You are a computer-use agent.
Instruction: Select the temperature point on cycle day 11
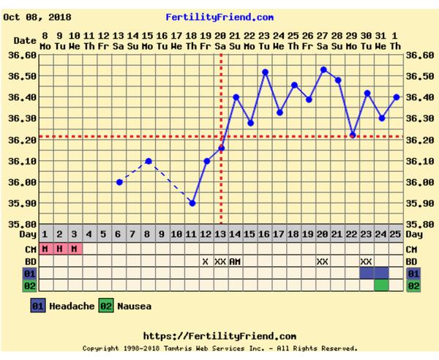(x=192, y=203)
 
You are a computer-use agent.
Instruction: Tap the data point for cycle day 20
(x=323, y=70)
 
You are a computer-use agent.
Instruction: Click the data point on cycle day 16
(x=265, y=72)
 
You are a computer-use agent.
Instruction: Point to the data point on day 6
(x=119, y=181)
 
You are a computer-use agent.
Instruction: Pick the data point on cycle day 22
(x=353, y=135)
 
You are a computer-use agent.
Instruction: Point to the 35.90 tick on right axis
(x=421, y=203)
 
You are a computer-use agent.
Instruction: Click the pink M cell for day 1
(x=45, y=248)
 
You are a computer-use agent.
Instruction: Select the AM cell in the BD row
(x=236, y=261)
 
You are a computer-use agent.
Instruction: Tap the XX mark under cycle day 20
(x=323, y=261)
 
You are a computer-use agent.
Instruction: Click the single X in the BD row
(x=206, y=261)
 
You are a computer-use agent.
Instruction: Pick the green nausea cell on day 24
(x=381, y=285)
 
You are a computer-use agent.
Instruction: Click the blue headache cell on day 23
(x=367, y=273)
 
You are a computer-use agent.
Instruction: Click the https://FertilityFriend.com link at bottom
(x=219, y=336)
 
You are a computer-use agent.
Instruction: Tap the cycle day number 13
(x=221, y=235)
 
